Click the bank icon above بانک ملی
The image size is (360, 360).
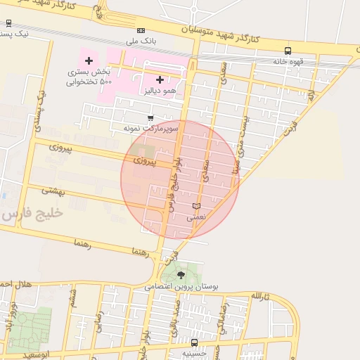pos(141,30)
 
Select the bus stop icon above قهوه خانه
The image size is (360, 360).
pos(288,51)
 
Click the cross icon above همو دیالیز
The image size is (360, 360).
pos(160,79)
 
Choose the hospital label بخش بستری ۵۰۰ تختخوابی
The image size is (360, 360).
pos(89,77)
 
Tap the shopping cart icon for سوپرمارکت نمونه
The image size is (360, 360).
pos(150,118)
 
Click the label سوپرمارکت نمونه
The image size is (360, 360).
pos(150,129)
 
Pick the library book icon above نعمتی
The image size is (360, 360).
pos(196,206)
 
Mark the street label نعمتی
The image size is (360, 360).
pos(196,218)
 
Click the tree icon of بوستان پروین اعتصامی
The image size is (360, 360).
pos(181,275)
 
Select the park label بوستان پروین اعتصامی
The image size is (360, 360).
pos(181,287)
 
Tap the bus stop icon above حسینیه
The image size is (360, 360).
pos(194,343)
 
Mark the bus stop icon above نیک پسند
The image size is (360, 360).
pos(8,23)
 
